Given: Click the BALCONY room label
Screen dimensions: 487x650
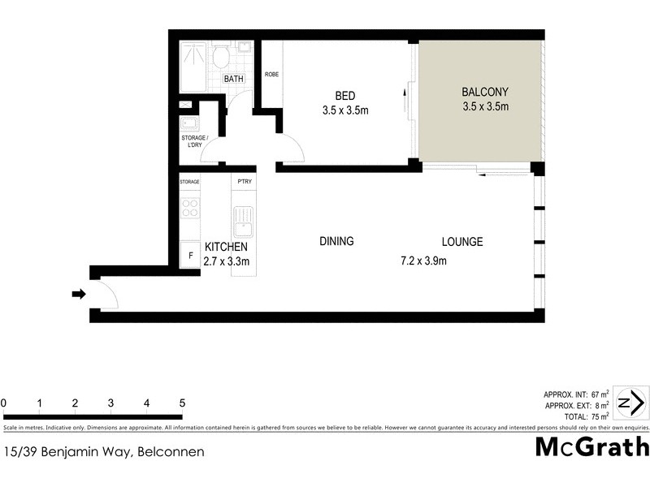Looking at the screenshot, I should (485, 91).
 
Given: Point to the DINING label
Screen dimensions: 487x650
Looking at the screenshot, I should (336, 241).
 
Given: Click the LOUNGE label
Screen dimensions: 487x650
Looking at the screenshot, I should (462, 241).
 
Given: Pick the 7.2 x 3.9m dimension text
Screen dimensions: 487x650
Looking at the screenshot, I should (424, 261).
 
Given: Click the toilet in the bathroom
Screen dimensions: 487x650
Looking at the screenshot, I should (219, 57).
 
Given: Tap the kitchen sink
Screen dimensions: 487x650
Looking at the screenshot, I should (243, 219).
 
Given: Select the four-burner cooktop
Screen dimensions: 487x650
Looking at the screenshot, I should (190, 208).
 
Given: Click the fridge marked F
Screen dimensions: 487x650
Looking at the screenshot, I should (190, 255).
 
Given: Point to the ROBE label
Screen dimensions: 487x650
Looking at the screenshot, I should (271, 75).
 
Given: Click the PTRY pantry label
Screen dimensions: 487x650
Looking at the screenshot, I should (244, 182).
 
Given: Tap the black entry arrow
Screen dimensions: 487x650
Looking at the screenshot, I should (79, 294).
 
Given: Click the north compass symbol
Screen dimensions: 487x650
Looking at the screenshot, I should (630, 403).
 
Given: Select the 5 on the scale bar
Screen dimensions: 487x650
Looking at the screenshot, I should (182, 403).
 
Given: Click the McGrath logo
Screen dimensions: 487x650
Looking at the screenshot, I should (591, 446).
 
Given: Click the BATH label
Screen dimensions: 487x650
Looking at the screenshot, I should (234, 79).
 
